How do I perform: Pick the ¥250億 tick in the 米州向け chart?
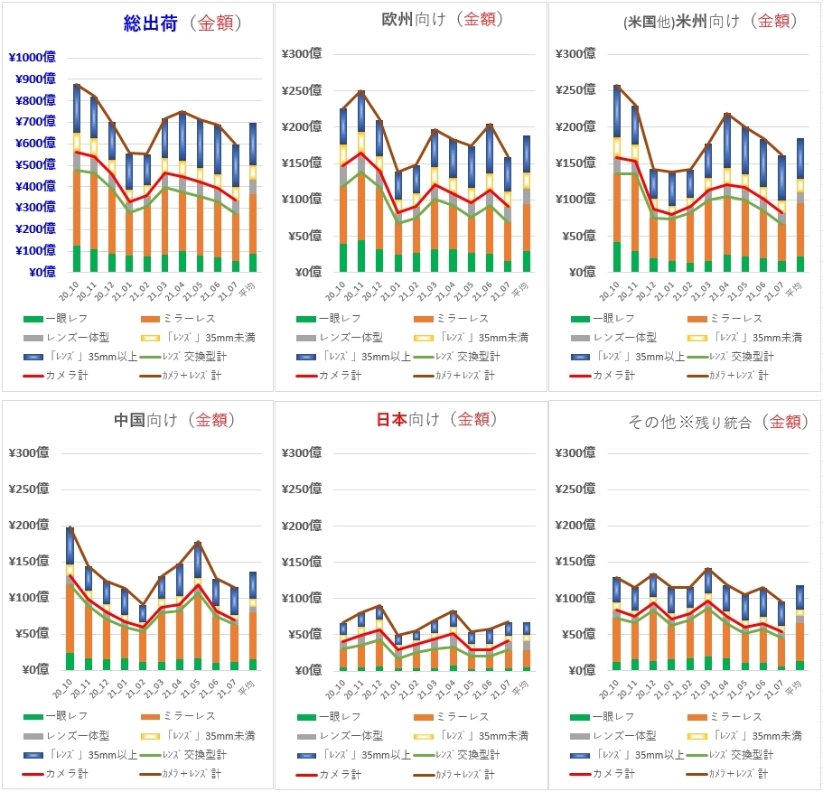pyautogui.click(x=581, y=90)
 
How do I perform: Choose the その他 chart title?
pyautogui.click(x=718, y=421)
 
